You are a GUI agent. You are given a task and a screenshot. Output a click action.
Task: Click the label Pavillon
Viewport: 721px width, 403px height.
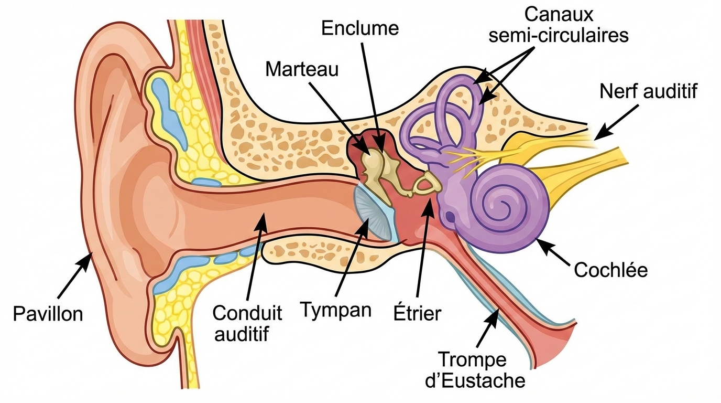tap(48, 314)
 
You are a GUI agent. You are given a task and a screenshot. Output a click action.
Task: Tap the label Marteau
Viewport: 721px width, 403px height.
tap(302, 69)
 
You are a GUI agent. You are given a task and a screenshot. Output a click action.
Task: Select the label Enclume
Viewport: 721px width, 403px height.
tap(360, 28)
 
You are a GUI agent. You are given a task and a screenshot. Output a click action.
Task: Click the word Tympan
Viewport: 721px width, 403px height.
tap(336, 310)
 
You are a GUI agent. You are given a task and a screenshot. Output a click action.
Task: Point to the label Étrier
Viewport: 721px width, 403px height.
tap(417, 313)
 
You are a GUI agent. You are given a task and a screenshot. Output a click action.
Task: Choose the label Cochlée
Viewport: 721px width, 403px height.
tap(611, 270)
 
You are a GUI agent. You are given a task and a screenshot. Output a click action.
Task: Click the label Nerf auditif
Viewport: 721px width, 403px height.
tap(649, 91)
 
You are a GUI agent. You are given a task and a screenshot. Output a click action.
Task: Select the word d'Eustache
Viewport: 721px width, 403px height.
tap(475, 380)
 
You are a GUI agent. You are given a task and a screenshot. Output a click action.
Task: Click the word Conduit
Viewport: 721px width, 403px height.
tap(247, 313)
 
